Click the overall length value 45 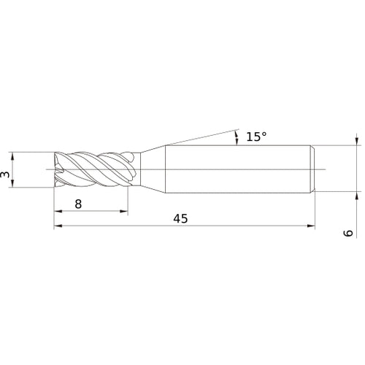[x=180, y=219]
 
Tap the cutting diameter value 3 [x=6, y=174]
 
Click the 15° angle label [x=255, y=137]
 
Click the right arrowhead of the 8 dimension [x=127, y=212]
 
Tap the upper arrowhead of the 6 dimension [x=356, y=141]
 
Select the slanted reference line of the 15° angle [x=197, y=139]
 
